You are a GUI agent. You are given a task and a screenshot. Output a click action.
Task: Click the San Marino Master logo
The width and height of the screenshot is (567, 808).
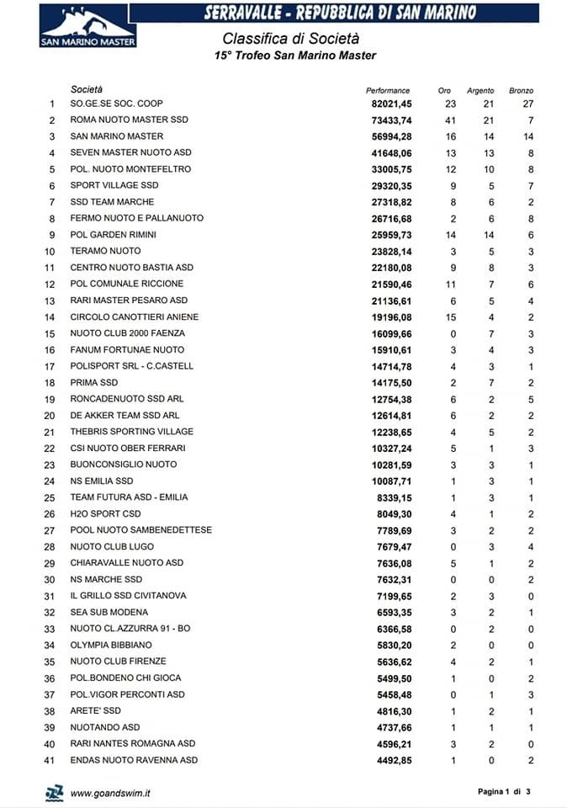(88, 25)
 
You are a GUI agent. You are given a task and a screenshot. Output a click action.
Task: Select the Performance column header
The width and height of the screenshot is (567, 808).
(388, 90)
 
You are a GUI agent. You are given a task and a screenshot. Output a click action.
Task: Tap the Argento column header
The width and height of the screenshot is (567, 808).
(480, 90)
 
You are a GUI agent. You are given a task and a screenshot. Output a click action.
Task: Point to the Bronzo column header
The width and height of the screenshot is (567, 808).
(521, 90)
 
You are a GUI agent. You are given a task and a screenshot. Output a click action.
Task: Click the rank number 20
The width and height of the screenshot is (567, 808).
(50, 416)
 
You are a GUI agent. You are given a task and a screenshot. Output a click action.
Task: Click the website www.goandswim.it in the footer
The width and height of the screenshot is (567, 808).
(110, 793)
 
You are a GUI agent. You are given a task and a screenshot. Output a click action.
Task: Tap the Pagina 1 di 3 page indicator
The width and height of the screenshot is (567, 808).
(505, 792)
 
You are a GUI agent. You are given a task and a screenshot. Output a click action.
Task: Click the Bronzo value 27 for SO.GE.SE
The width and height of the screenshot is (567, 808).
(527, 104)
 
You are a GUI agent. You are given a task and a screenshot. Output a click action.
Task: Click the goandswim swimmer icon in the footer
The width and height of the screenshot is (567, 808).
(55, 792)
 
